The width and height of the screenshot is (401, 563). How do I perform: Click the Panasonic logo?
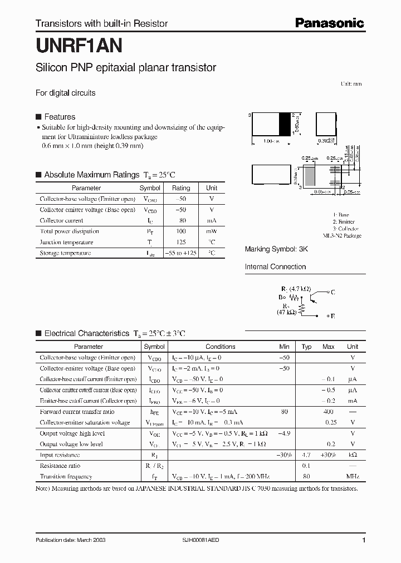[329, 23]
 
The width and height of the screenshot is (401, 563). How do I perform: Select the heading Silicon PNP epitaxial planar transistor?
[126, 68]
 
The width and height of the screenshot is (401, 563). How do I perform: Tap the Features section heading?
[60, 117]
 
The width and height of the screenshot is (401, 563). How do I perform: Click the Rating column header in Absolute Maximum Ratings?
[181, 188]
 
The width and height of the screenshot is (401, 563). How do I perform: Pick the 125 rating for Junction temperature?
[181, 242]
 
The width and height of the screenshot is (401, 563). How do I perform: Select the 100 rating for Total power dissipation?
[181, 231]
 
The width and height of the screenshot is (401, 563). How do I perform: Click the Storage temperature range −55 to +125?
[181, 253]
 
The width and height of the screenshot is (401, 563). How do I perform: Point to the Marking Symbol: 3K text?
[276, 249]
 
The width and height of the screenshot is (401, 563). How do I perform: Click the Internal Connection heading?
[275, 266]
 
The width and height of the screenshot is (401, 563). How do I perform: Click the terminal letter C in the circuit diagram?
[332, 292]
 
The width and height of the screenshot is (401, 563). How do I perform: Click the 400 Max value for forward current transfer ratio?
[328, 412]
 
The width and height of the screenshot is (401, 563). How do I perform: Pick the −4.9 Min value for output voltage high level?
[285, 433]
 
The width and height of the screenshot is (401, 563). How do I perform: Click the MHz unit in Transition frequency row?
[353, 477]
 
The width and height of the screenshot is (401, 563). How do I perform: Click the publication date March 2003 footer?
[70, 540]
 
